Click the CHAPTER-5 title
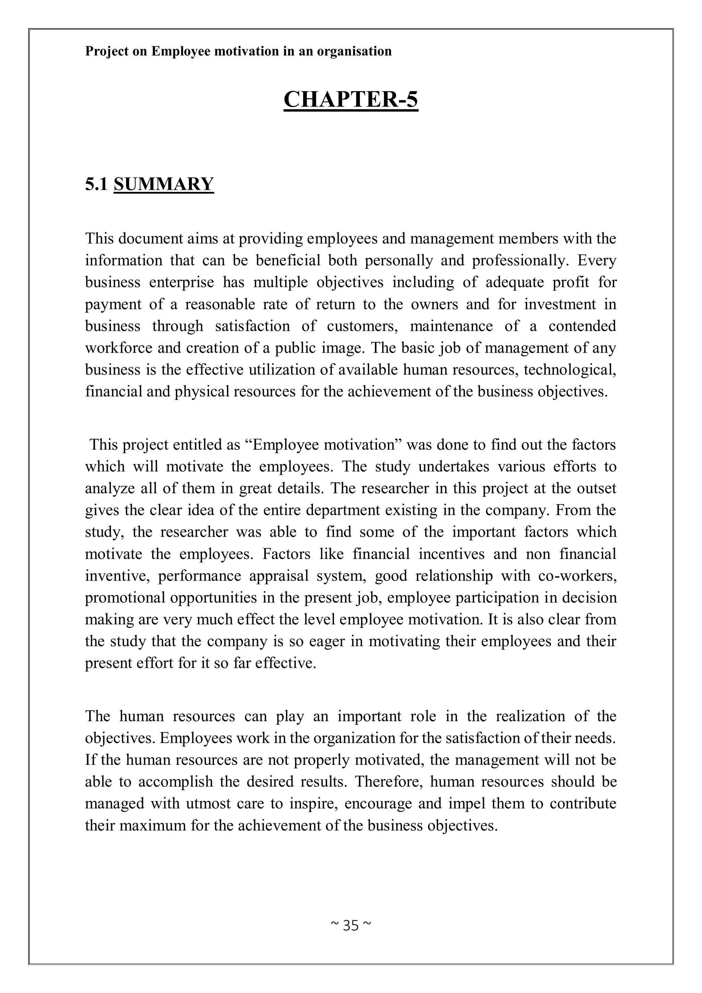[x=351, y=99]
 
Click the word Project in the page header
[x=106, y=51]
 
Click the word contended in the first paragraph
[x=582, y=326]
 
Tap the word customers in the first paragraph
[x=362, y=326]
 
